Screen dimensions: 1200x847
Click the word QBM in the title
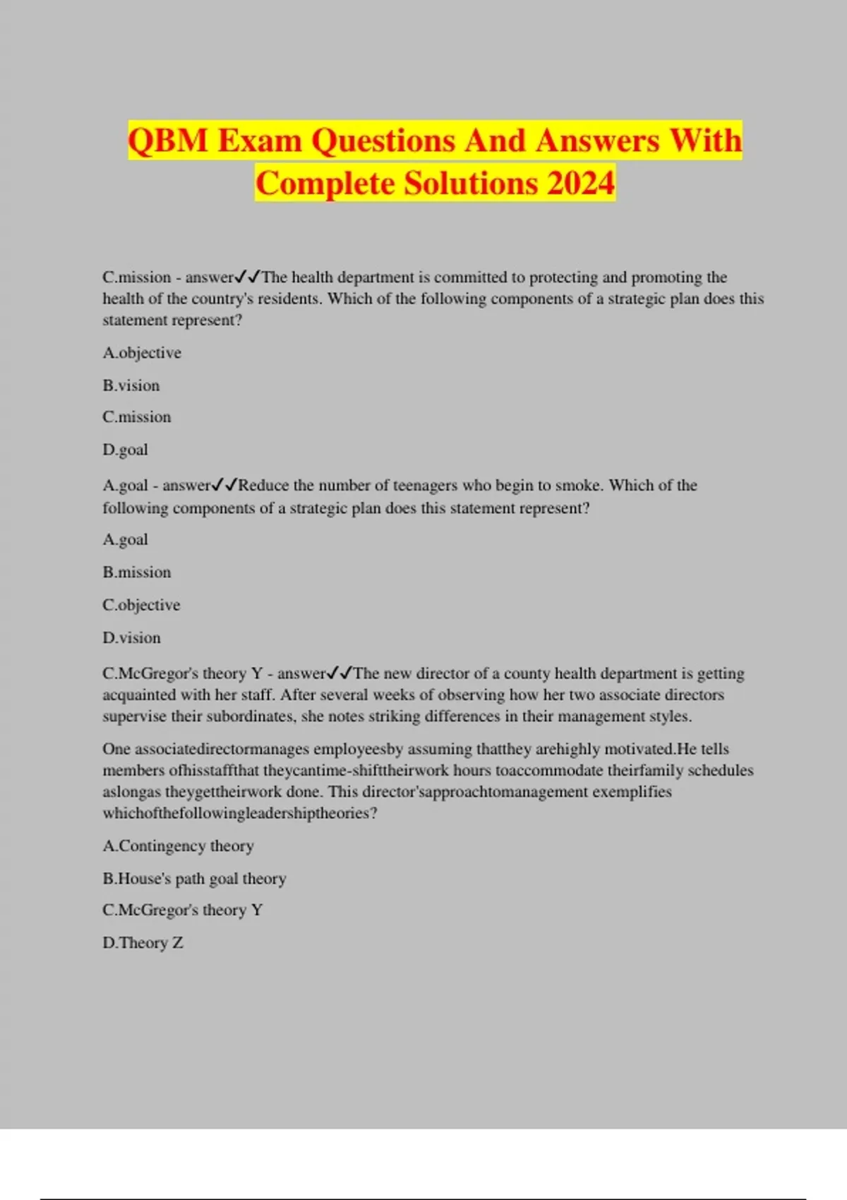pyautogui.click(x=168, y=140)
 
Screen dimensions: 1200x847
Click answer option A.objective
pyautogui.click(x=142, y=353)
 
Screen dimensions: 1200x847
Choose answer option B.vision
pyautogui.click(x=131, y=385)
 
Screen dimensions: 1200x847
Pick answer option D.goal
pyautogui.click(x=125, y=450)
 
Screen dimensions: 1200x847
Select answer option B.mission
pyautogui.click(x=137, y=572)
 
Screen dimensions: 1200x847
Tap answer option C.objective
pyautogui.click(x=141, y=605)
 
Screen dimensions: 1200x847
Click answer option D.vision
pyautogui.click(x=131, y=638)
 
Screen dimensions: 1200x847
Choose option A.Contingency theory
pyautogui.click(x=178, y=846)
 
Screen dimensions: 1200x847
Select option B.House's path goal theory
pyautogui.click(x=194, y=879)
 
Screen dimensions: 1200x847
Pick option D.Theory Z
pyautogui.click(x=143, y=943)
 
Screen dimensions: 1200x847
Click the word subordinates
pyautogui.click(x=250, y=716)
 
